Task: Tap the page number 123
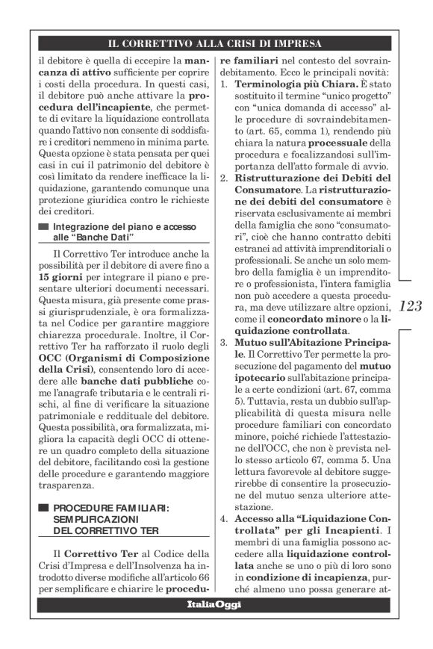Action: [x=410, y=305]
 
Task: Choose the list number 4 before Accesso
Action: [x=222, y=518]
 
